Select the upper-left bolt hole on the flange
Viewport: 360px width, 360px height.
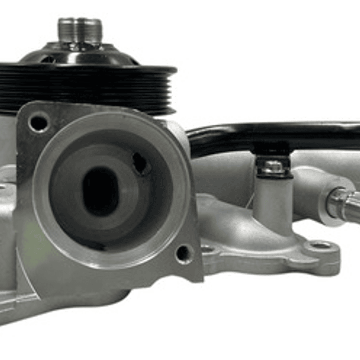39,122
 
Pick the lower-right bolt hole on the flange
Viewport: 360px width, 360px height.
184,253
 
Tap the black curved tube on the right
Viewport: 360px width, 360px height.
280,134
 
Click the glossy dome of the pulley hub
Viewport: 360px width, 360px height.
80,54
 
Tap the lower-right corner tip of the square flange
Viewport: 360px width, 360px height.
200,278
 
